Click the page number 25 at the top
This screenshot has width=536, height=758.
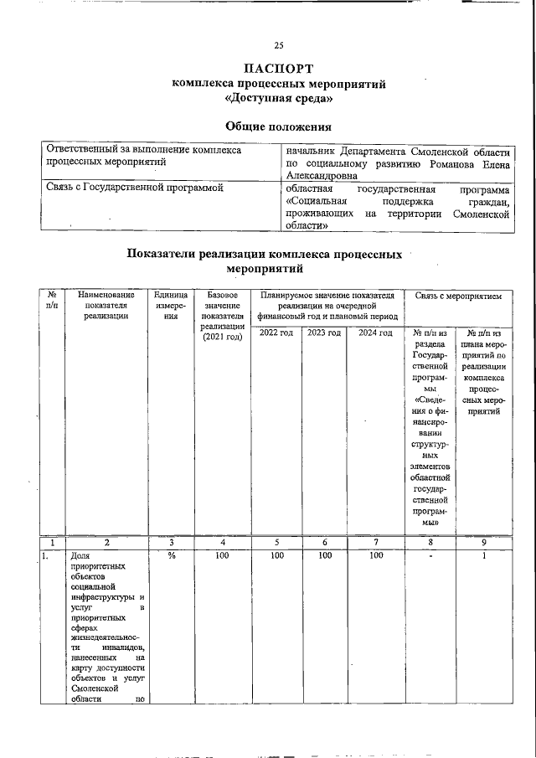pyautogui.click(x=279, y=45)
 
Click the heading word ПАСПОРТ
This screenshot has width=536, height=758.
pyautogui.click(x=279, y=68)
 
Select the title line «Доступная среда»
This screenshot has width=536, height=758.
pyautogui.click(x=279, y=98)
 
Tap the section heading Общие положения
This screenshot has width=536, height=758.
pyautogui.click(x=279, y=126)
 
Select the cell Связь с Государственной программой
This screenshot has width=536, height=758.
pyautogui.click(x=134, y=189)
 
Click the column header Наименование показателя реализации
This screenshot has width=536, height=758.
pyautogui.click(x=106, y=305)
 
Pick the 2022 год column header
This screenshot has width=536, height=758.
pyautogui.click(x=276, y=333)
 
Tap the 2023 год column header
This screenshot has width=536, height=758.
pyautogui.click(x=323, y=333)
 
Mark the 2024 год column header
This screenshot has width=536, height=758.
pyautogui.click(x=375, y=333)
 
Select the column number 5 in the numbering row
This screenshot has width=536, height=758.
pyautogui.click(x=276, y=542)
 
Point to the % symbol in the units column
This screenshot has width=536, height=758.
pyautogui.click(x=170, y=555)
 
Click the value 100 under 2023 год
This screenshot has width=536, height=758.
pyautogui.click(x=323, y=555)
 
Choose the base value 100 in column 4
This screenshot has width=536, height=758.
pyautogui.click(x=222, y=555)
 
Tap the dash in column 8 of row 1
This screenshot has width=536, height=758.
pyautogui.click(x=430, y=555)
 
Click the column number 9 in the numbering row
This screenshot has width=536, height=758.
pyautogui.click(x=483, y=542)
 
